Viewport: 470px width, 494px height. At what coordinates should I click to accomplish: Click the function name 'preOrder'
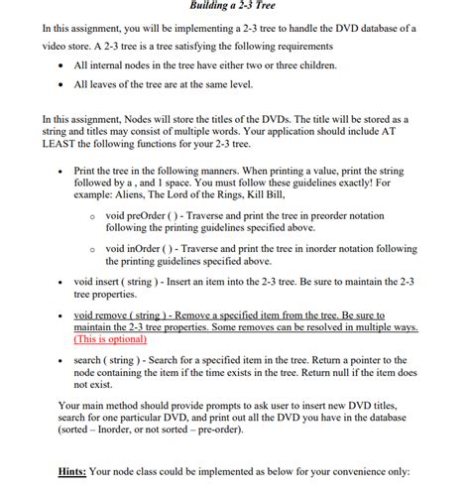pyautogui.click(x=154, y=214)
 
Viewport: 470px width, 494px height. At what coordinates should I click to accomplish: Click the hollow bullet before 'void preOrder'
pyautogui.click(x=92, y=215)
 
